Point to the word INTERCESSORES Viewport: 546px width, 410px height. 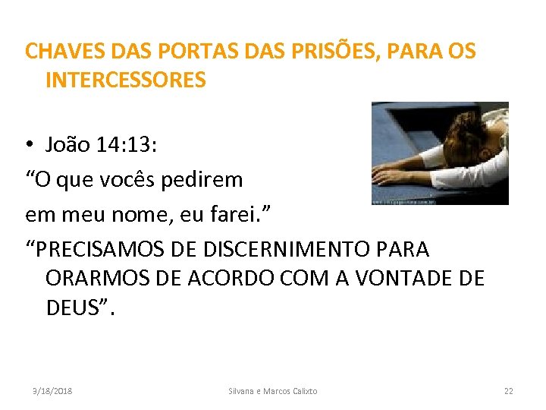(126, 80)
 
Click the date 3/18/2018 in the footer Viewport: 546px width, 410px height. (52, 391)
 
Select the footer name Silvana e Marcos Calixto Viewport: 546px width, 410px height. (273, 391)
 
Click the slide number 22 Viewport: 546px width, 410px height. (508, 391)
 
